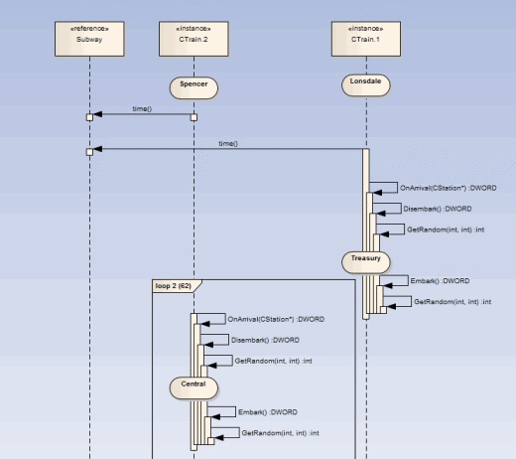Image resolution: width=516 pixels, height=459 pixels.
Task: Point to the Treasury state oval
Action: tap(366, 259)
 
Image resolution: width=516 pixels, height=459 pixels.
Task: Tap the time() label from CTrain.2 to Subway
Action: tap(142, 108)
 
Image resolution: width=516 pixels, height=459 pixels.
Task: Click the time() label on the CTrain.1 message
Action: tap(228, 143)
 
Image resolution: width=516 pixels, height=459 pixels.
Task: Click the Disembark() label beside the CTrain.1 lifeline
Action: tap(438, 209)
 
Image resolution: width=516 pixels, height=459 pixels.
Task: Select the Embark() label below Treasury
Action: tap(440, 281)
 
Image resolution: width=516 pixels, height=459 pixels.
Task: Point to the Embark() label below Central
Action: tap(268, 411)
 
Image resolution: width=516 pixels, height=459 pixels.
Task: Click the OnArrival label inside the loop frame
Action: tap(276, 319)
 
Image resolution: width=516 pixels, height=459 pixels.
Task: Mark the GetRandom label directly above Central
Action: tap(273, 361)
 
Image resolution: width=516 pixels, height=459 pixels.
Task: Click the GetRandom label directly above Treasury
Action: tap(445, 229)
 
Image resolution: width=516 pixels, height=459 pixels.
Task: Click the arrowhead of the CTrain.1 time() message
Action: tap(97, 150)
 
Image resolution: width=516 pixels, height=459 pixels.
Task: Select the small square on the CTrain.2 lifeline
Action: tap(193, 117)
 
